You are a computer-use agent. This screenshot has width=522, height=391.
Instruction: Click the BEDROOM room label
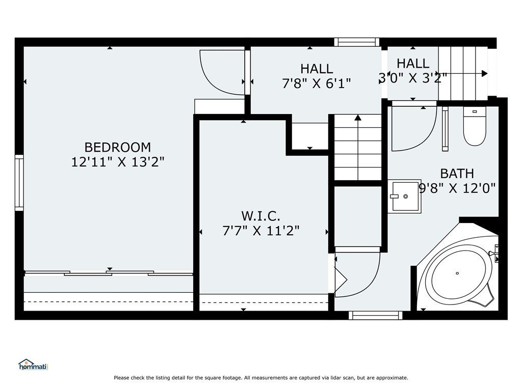pyautogui.click(x=118, y=147)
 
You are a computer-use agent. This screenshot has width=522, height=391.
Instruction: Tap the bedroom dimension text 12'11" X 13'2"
pyautogui.click(x=118, y=162)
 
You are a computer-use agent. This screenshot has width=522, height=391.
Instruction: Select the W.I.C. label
pyautogui.click(x=260, y=216)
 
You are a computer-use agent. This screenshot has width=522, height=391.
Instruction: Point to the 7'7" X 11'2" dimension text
pyautogui.click(x=261, y=231)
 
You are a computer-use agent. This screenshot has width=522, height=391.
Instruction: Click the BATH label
pyautogui.click(x=457, y=174)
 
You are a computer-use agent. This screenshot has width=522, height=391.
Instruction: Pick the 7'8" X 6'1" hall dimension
pyautogui.click(x=317, y=83)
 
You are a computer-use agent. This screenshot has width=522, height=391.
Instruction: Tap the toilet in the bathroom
pyautogui.click(x=475, y=126)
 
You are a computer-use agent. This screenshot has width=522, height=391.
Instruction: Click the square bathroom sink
pyautogui.click(x=405, y=197)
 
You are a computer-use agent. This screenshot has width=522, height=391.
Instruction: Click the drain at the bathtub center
pyautogui.click(x=457, y=273)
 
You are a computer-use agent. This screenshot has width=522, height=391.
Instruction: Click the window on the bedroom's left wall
pyautogui.click(x=19, y=183)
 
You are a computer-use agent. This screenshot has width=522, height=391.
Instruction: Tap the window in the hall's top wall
pyautogui.click(x=357, y=42)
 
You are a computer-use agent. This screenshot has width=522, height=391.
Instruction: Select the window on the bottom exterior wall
pyautogui.click(x=376, y=315)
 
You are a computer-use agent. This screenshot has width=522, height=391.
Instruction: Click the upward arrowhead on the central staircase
pyautogui.click(x=358, y=118)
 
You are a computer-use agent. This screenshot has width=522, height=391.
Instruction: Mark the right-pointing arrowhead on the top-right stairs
pyautogui.click(x=485, y=73)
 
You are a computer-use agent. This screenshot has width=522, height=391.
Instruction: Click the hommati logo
pyautogui.click(x=33, y=365)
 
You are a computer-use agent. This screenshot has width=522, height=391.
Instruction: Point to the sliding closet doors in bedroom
pyautogui.click(x=109, y=273)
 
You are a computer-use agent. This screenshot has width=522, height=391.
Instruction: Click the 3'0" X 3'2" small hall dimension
pyautogui.click(x=413, y=78)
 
